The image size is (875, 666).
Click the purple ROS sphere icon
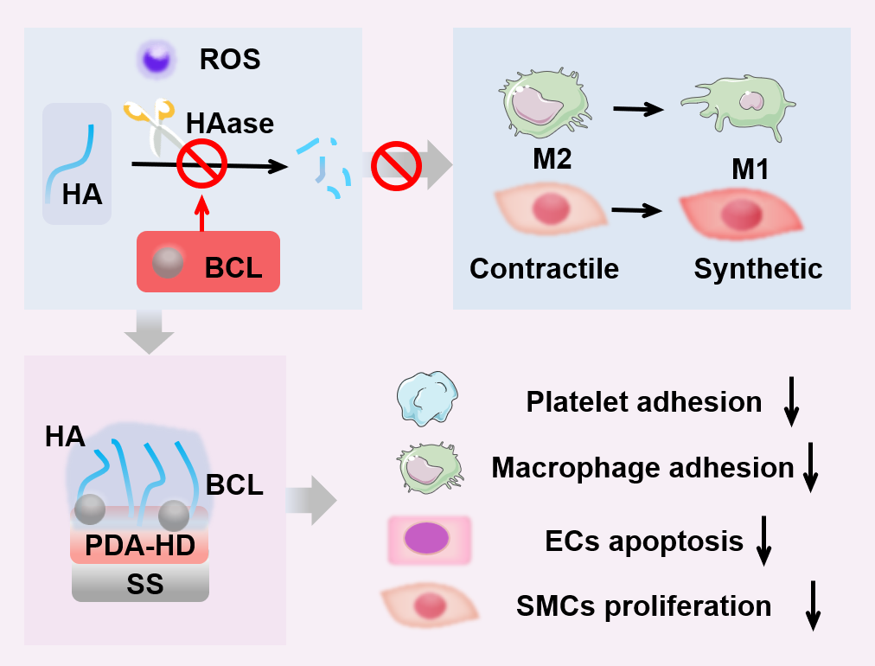pos(156,60)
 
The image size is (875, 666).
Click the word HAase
pos(230,123)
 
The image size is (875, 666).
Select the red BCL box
pos(208,261)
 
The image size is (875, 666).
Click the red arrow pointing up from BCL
pos(202,211)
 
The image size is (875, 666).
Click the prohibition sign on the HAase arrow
pos(202,164)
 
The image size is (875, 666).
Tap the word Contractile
pos(544,268)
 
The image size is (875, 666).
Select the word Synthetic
pos(757,268)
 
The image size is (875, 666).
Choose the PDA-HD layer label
pos(140,546)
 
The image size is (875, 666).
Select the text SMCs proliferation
pos(643,605)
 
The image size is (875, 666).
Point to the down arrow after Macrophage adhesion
pos(810,470)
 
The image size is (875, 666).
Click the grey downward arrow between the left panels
pos(149,332)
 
